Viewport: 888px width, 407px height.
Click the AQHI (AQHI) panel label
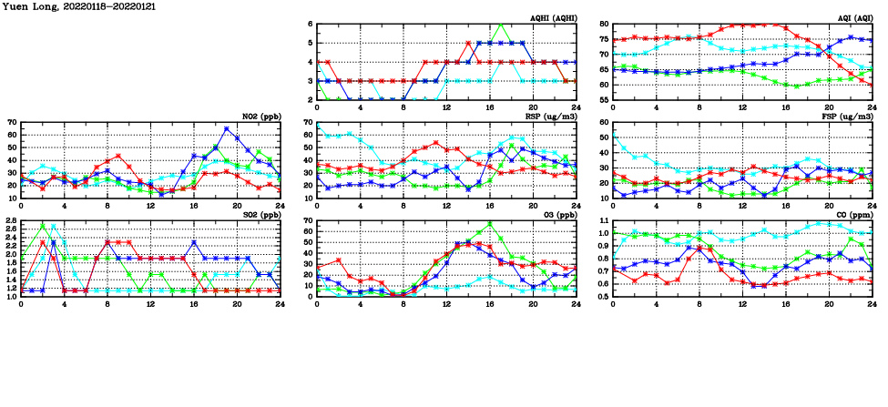552,18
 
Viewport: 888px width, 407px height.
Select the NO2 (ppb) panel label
259,117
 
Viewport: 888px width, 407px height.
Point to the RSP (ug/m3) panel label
549,117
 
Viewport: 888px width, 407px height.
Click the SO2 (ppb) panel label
259,215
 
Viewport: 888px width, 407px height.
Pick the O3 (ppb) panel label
556,215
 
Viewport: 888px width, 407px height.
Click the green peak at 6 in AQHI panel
501,25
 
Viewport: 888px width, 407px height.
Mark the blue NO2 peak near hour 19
227,128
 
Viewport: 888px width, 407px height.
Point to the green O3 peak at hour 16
490,223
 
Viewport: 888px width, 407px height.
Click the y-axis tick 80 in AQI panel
603,25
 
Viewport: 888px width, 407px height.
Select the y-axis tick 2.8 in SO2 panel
12,221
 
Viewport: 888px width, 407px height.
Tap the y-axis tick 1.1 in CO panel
601,221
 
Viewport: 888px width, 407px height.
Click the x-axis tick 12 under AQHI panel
447,108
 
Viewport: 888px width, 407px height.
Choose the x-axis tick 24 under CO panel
872,305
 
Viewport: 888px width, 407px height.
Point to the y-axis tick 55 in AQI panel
603,99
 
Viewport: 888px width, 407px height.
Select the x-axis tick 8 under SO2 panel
108,305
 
